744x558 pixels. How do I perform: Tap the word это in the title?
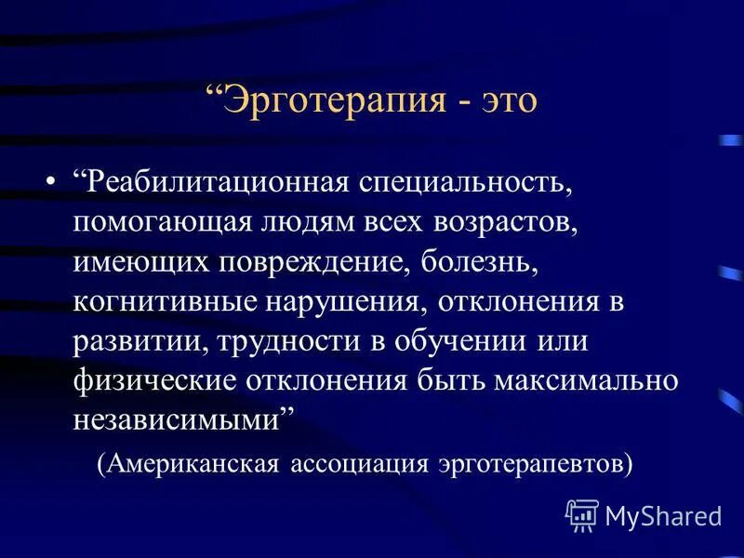[x=503, y=100]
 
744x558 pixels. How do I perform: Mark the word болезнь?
[x=478, y=261]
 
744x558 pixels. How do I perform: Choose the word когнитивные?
[x=164, y=302]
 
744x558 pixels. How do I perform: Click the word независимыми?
[x=179, y=420]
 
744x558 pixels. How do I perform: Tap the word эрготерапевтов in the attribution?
[x=534, y=463]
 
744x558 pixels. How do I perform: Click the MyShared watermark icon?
[x=582, y=513]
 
